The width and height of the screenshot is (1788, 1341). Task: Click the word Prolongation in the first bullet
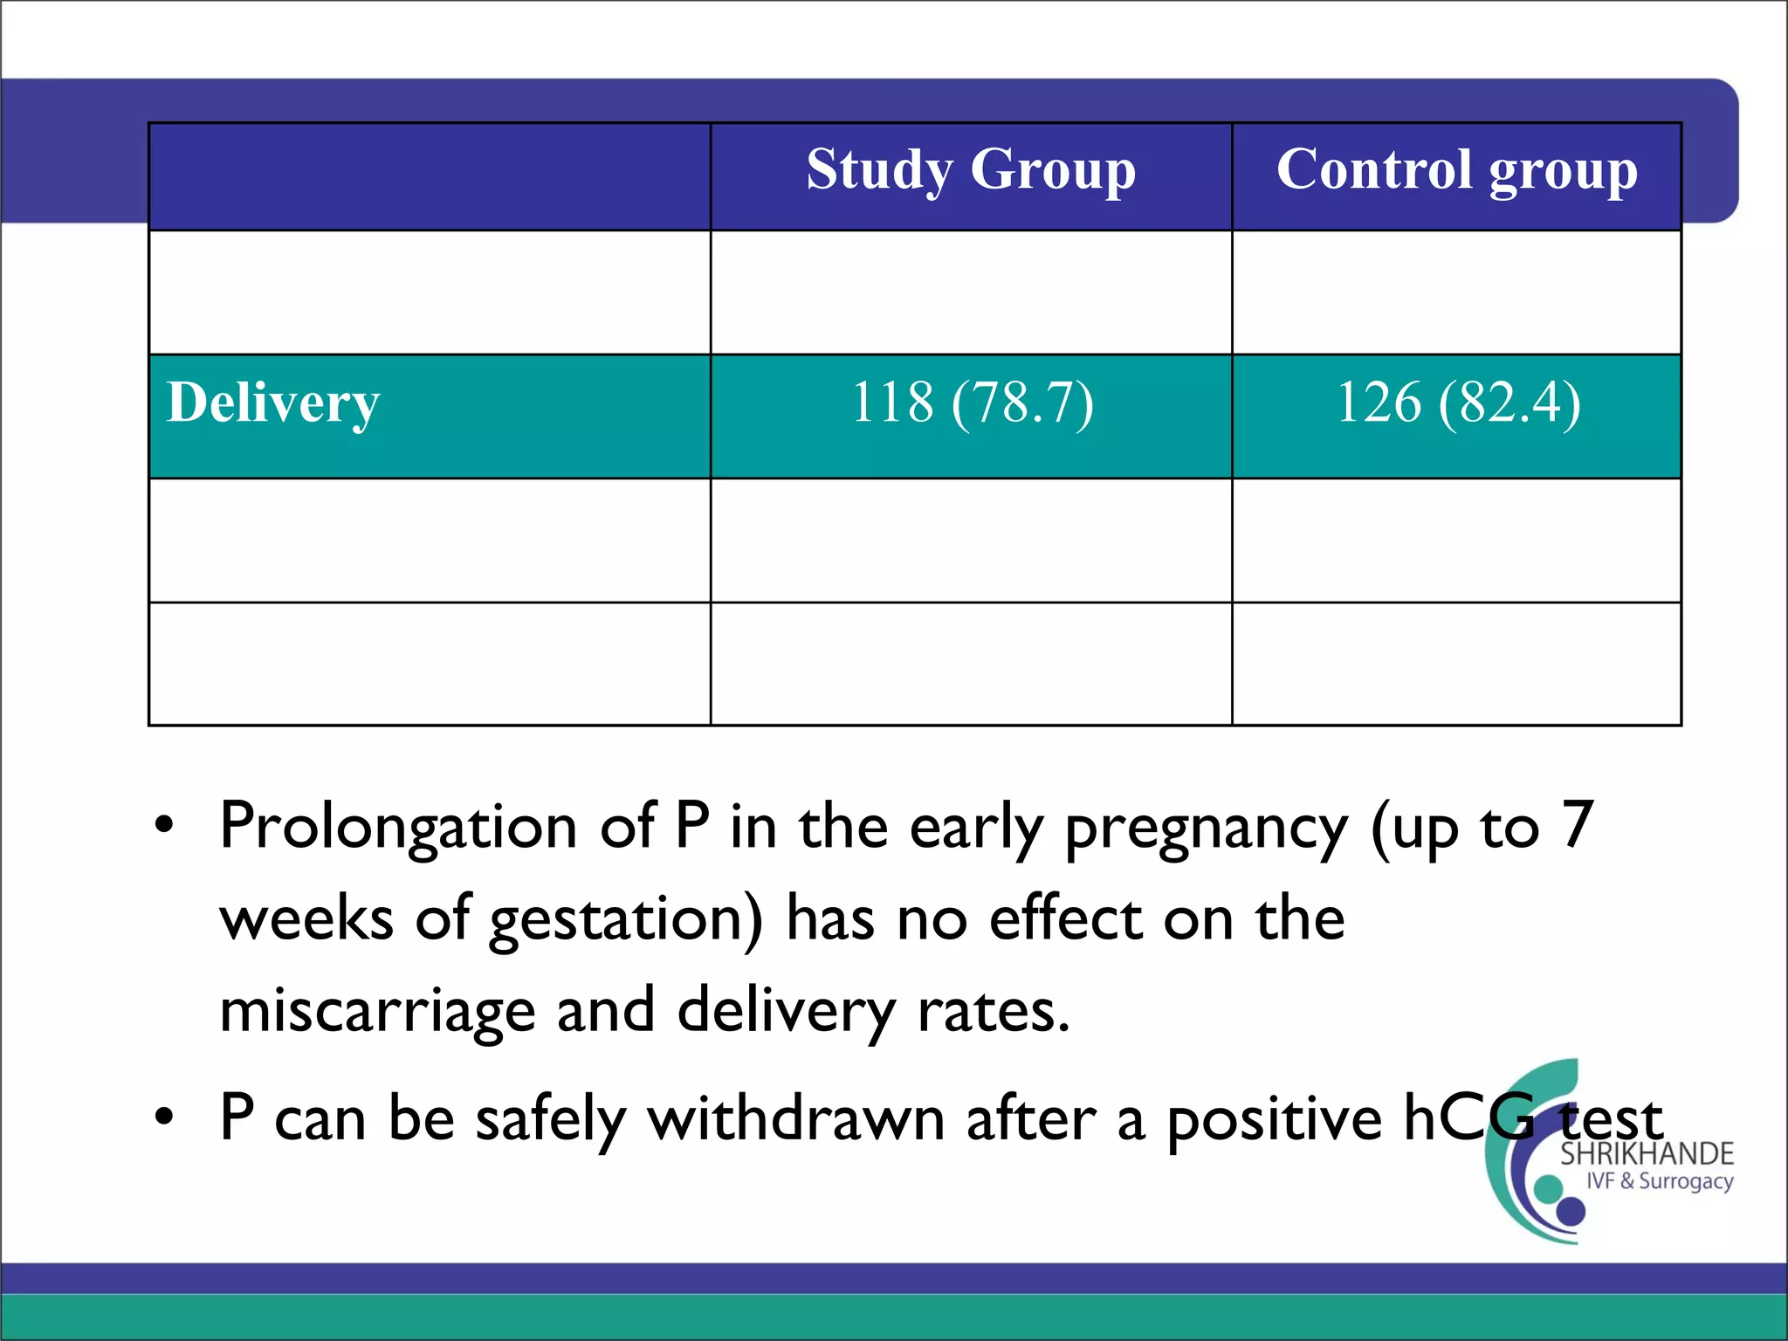398,826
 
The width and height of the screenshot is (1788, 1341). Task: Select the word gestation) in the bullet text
625,919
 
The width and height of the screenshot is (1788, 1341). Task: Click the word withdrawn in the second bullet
795,1118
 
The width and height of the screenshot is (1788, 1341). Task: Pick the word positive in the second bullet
1274,1118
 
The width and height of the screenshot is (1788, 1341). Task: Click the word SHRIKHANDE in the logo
1646,1154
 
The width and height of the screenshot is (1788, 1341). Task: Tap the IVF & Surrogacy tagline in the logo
1659,1181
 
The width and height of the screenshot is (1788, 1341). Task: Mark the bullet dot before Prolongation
164,826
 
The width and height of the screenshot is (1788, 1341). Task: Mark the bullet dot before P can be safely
164,1117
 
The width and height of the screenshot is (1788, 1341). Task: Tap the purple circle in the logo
1571,1211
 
